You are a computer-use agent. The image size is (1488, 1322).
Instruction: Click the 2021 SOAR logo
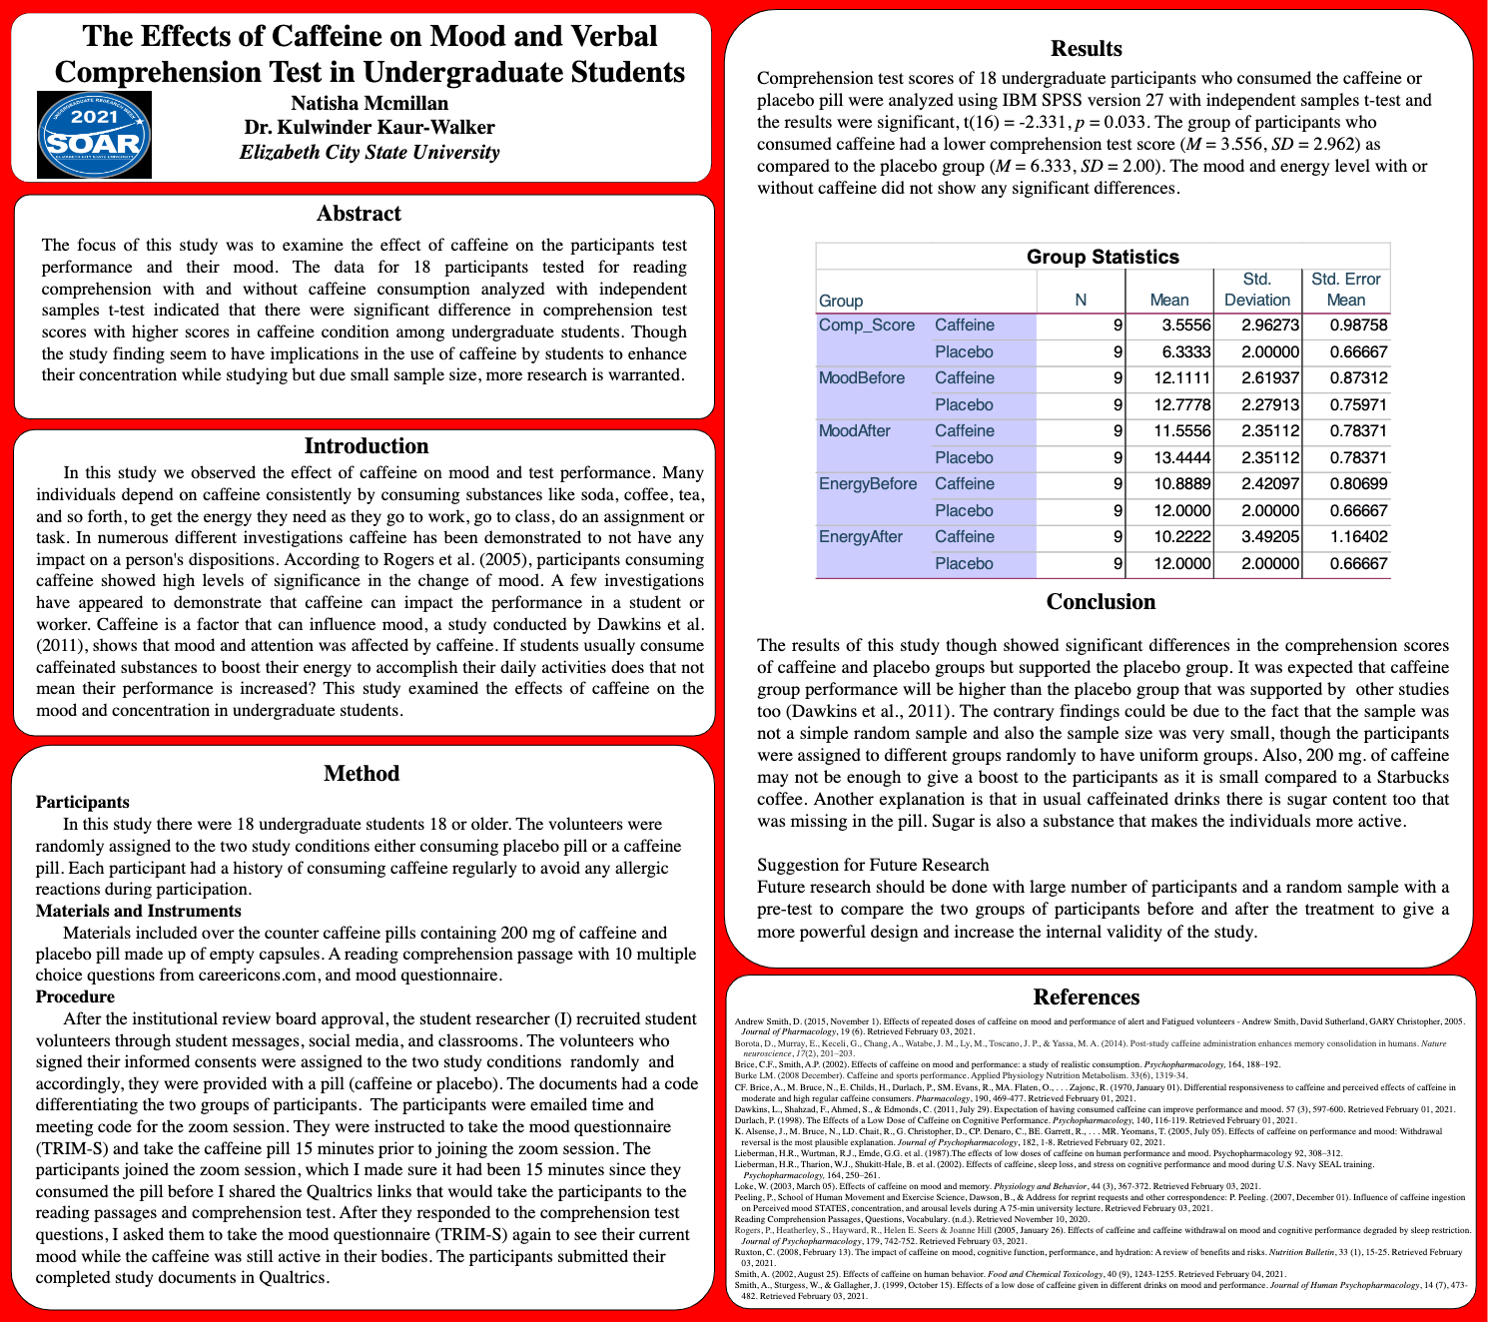point(94,135)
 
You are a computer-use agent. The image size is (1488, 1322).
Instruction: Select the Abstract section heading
point(359,214)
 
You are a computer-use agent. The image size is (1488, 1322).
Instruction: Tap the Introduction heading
point(366,446)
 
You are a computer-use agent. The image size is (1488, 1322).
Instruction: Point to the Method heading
point(362,774)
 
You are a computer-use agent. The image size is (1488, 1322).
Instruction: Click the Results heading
point(1087,49)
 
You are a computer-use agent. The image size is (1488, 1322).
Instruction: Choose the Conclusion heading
point(1101,602)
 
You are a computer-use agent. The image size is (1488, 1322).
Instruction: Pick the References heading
point(1087,997)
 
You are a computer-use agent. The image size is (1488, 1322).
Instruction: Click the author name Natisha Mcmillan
point(370,104)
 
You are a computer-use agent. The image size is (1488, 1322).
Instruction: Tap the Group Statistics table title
point(1103,257)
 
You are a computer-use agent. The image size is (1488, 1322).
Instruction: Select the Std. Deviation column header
point(1256,290)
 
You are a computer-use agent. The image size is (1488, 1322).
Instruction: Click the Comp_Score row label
point(866,326)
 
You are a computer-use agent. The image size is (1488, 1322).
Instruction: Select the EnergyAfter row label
point(860,537)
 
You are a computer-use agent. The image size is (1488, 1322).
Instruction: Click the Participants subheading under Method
point(83,803)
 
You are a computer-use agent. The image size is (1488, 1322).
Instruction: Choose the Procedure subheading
point(75,997)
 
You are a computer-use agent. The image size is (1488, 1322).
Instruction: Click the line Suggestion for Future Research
point(873,866)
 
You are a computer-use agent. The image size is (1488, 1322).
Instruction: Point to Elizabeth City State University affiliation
point(370,153)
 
